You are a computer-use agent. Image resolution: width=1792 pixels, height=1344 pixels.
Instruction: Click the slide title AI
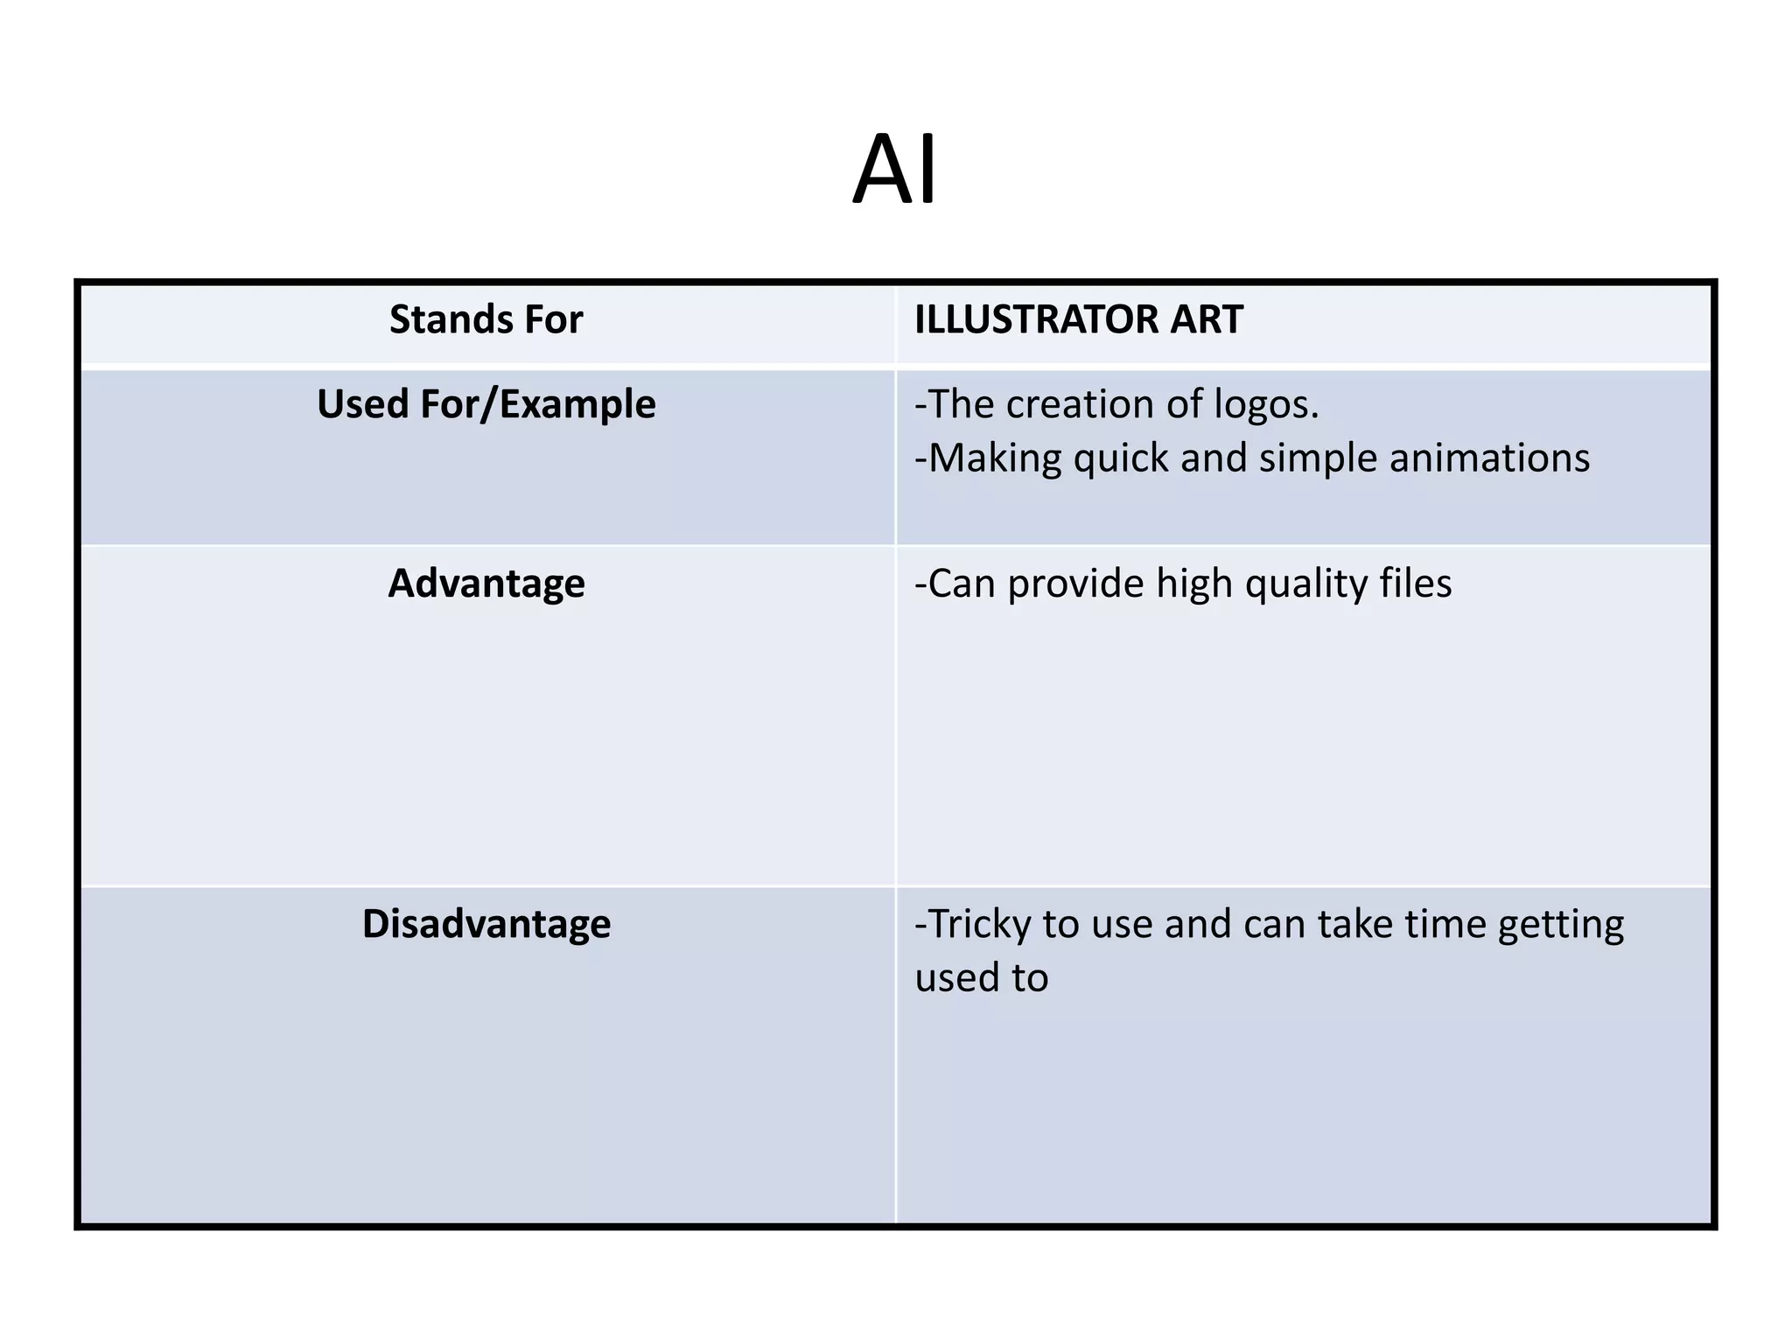click(894, 170)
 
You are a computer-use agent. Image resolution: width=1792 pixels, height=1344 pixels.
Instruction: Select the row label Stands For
click(486, 319)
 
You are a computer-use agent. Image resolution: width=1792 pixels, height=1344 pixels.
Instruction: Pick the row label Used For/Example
click(486, 404)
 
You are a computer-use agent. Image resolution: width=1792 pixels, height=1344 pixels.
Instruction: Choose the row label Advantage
click(486, 584)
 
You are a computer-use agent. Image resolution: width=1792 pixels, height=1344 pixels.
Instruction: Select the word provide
click(1075, 584)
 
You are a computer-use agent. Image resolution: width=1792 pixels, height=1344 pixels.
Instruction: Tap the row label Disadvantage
click(486, 924)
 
